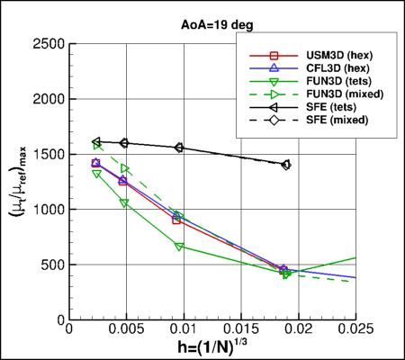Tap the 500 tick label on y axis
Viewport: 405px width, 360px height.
52,265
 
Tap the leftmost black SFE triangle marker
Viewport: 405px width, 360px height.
96,141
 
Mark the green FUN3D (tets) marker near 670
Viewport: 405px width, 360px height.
180,246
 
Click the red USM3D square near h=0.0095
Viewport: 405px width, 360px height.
177,220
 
